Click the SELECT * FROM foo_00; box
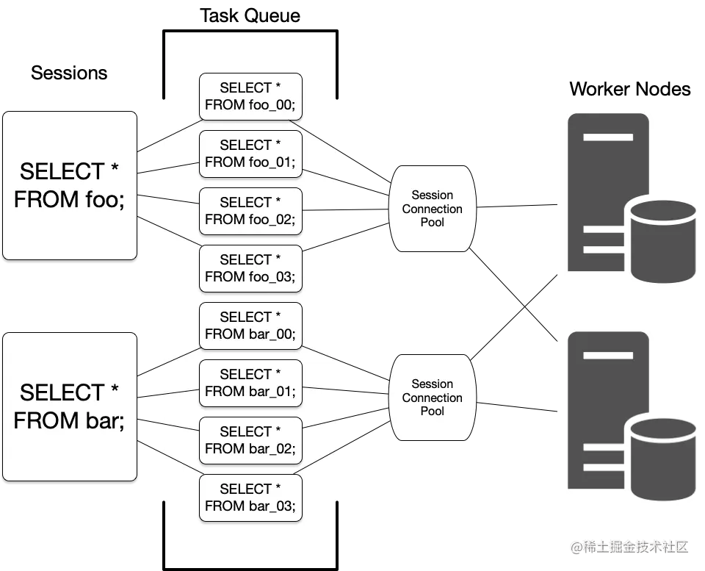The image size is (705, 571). tap(250, 96)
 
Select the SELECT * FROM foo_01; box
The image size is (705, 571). tap(250, 154)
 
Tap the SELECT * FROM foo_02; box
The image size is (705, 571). tap(250, 211)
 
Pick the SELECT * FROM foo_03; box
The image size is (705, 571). tap(250, 268)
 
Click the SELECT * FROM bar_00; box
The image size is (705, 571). tap(250, 326)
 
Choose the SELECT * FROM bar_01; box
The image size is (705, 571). tap(250, 383)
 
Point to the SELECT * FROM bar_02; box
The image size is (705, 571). tap(250, 440)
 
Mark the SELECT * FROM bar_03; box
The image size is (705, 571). tap(250, 498)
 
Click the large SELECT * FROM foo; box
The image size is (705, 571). tap(70, 185)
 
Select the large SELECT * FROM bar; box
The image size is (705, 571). tap(70, 406)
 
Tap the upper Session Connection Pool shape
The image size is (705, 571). tap(432, 209)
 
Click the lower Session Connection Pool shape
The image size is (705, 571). tap(432, 398)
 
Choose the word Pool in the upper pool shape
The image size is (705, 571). tap(432, 223)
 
